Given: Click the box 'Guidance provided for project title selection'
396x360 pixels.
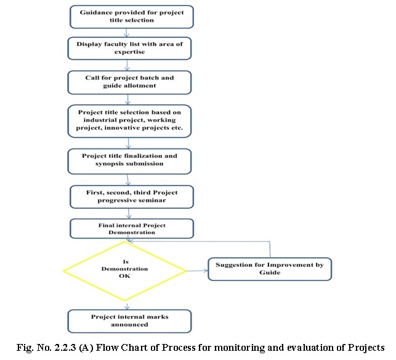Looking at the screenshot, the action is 132,17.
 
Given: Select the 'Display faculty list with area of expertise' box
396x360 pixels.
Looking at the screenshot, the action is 129,48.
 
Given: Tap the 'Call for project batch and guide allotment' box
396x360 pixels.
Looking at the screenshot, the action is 129,83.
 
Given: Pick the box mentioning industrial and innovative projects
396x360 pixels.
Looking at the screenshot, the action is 129,121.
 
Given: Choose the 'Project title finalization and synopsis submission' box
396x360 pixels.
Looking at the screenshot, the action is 129,162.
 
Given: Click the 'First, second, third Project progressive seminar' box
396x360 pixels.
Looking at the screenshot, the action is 132,197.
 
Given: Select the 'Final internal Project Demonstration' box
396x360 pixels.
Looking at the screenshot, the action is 132,229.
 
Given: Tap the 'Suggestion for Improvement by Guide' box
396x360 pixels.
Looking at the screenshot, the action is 270,269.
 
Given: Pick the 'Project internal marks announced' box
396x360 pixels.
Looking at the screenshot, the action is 129,321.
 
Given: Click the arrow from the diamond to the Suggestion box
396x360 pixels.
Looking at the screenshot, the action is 197,271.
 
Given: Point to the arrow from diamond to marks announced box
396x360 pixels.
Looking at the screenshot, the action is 127,305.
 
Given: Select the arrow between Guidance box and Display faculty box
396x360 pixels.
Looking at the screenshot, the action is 126,33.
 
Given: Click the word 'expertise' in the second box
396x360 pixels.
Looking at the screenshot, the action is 129,52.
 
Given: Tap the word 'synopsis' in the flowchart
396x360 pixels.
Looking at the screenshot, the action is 108,164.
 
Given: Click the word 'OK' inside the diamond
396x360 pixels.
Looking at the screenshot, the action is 124,276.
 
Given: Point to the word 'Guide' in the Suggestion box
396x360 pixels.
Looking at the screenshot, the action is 270,272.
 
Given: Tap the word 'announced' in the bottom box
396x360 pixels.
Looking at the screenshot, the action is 129,325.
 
